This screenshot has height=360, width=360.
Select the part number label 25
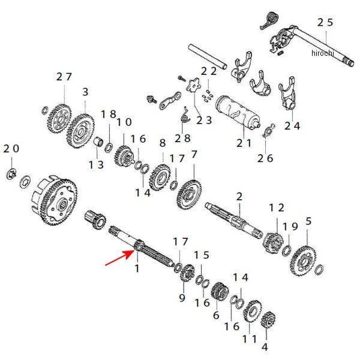[325, 22]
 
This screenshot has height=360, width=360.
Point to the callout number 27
[64, 76]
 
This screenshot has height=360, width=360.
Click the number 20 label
[11, 148]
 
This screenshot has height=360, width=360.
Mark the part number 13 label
[96, 164]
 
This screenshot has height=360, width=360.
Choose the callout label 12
[277, 207]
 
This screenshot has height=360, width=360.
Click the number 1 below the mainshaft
[137, 268]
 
